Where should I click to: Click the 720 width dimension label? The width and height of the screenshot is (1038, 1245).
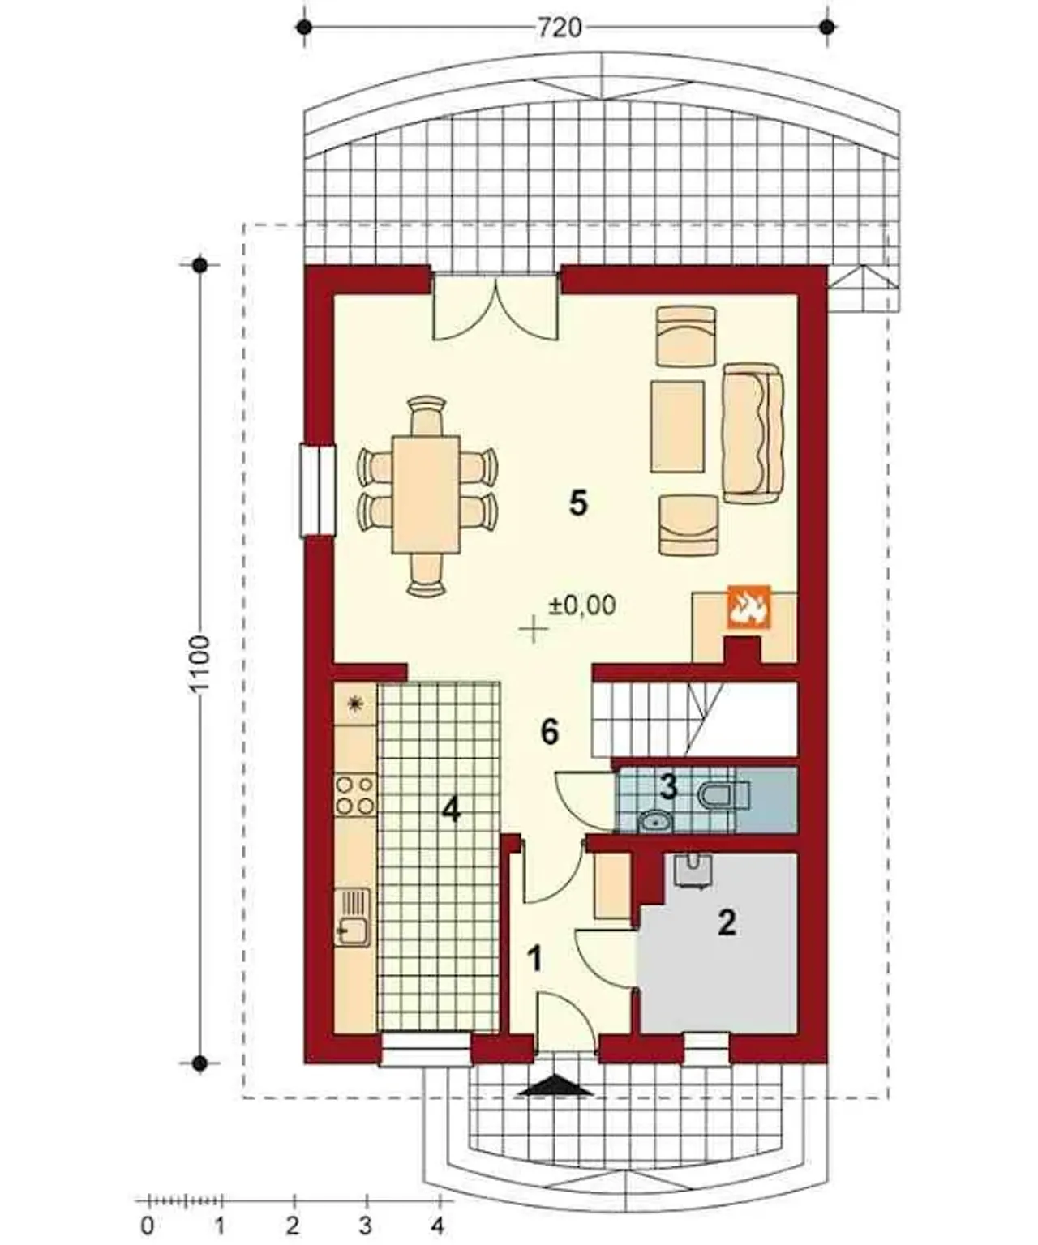pos(559,28)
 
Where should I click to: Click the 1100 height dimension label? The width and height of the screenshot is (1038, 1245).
pos(201,663)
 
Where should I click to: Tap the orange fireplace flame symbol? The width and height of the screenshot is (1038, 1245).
pos(748,607)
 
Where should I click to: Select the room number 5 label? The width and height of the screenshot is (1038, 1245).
pos(578,504)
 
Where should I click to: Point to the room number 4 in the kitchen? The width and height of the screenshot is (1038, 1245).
pos(452,810)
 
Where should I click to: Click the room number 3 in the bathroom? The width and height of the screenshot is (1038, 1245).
pos(668,787)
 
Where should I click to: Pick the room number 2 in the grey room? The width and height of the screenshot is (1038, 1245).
pos(727,922)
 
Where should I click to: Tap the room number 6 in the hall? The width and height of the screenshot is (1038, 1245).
pos(550,732)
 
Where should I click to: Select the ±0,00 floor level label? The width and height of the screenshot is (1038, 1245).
pos(582,605)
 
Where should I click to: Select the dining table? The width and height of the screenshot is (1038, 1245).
pos(426,495)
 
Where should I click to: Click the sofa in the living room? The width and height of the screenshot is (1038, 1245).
pos(753,432)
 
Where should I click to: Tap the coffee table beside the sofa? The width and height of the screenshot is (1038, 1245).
pos(677,426)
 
